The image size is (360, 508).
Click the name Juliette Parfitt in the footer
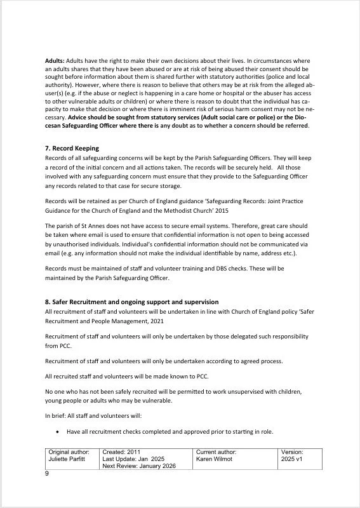(69, 459)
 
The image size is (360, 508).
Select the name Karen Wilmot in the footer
(216, 459)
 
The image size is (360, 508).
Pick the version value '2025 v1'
(293, 459)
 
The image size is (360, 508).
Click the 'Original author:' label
(69, 451)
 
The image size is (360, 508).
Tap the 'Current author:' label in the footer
(217, 451)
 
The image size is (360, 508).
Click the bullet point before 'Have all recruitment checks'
(58, 432)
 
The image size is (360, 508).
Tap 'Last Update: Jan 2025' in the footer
(133, 459)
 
